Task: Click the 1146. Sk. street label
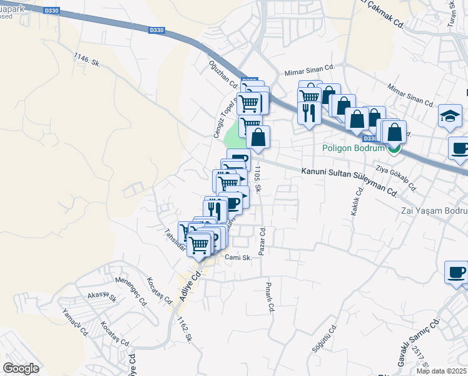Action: (87, 60)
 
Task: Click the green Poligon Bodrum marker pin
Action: (394, 149)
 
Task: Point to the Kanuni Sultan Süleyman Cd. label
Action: (349, 180)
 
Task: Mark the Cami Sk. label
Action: (238, 257)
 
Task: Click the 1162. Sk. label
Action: (184, 330)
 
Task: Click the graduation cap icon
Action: (450, 116)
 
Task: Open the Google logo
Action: (21, 368)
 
